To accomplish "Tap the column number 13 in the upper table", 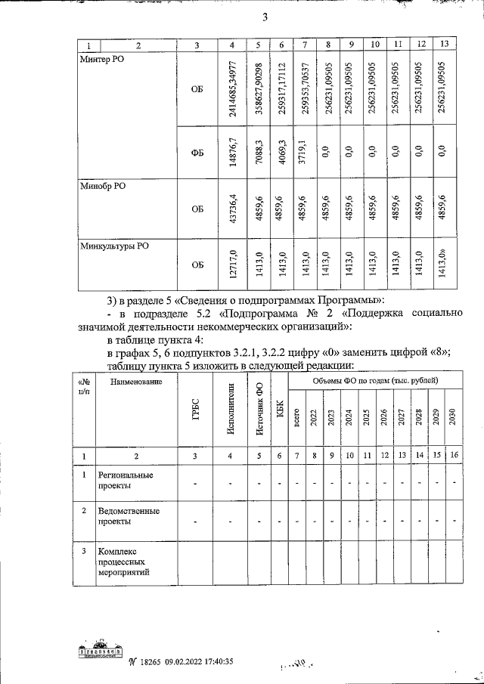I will click(444, 45).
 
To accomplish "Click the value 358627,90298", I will click(259, 89).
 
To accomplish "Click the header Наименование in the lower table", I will click(135, 382).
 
